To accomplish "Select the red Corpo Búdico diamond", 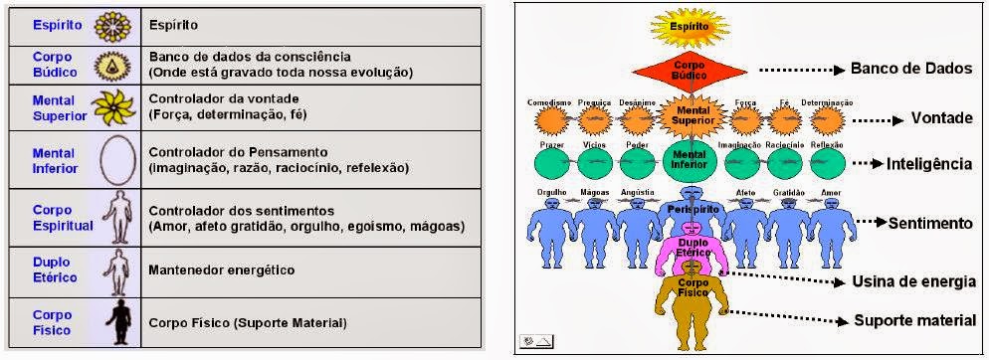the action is [690, 73].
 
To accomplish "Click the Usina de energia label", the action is [913, 281].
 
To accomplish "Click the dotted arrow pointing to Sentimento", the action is [875, 220].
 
